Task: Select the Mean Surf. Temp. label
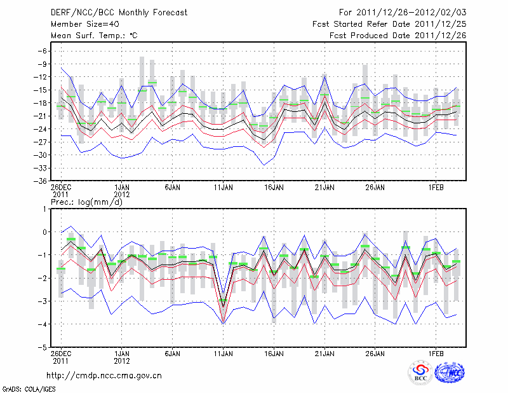pyautogui.click(x=94, y=36)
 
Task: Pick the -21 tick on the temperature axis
pyautogui.click(x=41, y=116)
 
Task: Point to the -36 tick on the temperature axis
pyautogui.click(x=41, y=181)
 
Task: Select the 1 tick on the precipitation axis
pyautogui.click(x=45, y=209)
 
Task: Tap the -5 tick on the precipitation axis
pyautogui.click(x=43, y=348)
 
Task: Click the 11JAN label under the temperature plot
pyautogui.click(x=223, y=188)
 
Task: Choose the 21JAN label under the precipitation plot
pyautogui.click(x=324, y=352)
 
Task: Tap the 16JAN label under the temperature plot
pyautogui.click(x=274, y=188)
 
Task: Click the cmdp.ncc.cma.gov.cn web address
pyautogui.click(x=105, y=375)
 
